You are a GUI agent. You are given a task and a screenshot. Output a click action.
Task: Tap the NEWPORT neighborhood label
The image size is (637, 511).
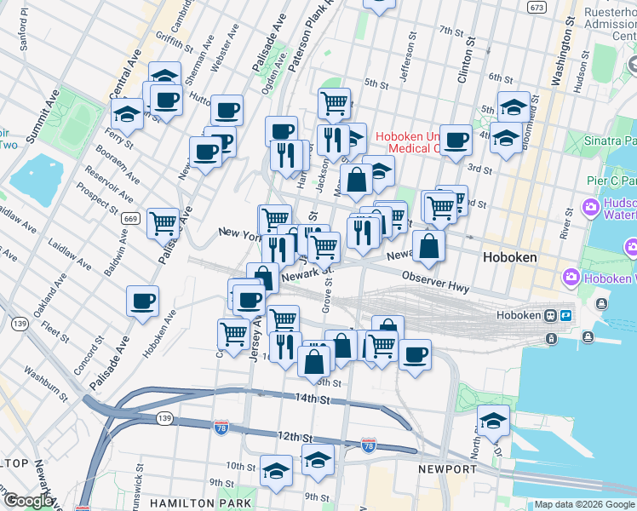coord(448,469)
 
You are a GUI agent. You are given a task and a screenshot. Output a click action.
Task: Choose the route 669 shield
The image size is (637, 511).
coord(129,219)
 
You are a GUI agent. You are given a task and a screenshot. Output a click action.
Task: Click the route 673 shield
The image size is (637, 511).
coord(560,8)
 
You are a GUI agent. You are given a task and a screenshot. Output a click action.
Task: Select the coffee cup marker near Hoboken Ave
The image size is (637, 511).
coord(143,301)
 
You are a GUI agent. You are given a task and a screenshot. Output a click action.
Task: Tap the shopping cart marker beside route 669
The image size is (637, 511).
coord(163,223)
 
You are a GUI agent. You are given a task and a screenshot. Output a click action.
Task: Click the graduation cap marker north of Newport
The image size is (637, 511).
coord(492,420)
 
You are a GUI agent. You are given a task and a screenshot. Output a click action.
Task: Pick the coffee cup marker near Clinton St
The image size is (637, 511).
coord(456,139)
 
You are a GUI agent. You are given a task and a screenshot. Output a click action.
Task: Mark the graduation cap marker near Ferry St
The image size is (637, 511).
coord(127,112)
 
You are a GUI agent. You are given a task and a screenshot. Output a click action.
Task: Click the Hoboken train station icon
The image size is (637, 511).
coord(552,315)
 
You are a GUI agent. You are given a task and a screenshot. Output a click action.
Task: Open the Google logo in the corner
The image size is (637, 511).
coord(28,501)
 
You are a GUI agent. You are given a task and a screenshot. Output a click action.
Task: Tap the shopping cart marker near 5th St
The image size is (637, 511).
coord(335,103)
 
